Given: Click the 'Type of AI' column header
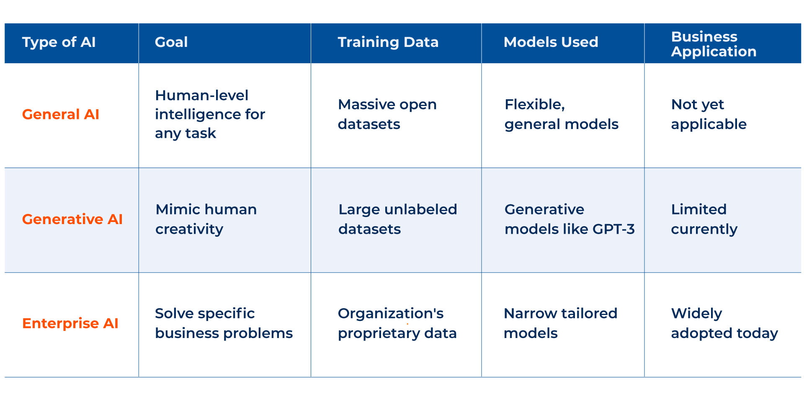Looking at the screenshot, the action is click(x=59, y=42).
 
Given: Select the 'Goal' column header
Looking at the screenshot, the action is click(x=171, y=42).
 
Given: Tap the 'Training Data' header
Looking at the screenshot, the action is click(x=388, y=42).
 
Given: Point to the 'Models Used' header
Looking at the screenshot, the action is click(x=551, y=42).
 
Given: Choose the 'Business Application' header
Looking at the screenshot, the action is click(x=714, y=44).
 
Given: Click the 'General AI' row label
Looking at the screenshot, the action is click(x=60, y=114).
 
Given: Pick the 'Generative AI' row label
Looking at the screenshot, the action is click(x=72, y=219).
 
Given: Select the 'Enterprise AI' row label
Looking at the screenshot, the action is click(x=70, y=323).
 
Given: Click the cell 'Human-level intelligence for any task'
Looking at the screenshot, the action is click(x=210, y=114).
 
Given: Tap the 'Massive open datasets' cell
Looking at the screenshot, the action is click(x=387, y=114).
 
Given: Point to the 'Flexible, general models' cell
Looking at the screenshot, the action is click(x=561, y=114).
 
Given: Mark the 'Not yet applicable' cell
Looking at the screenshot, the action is click(x=709, y=114).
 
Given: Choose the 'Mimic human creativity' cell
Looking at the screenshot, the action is click(x=206, y=219).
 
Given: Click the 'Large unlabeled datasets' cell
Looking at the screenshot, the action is click(x=397, y=219).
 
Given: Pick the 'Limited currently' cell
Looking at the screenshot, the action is click(x=704, y=219).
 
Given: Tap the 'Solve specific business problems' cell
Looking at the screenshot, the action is click(x=224, y=323).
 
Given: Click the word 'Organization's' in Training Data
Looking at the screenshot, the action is click(x=390, y=313).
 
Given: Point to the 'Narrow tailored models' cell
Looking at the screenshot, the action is click(x=560, y=323).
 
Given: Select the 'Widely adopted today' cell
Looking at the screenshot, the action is click(x=724, y=323).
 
